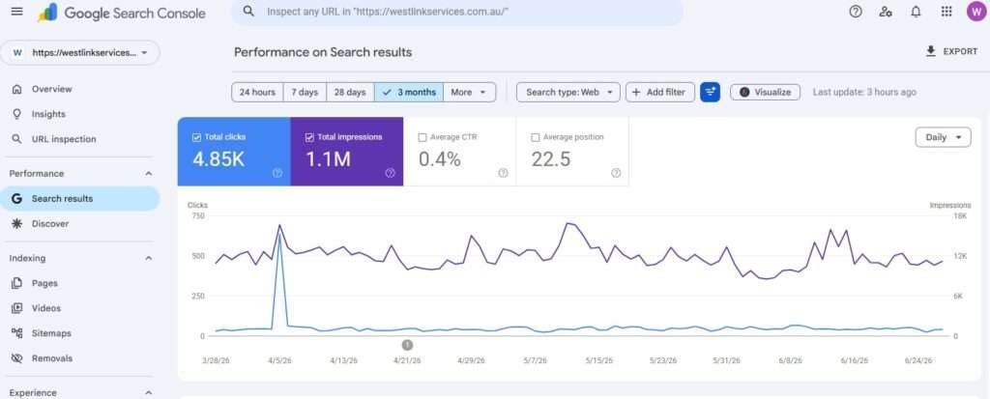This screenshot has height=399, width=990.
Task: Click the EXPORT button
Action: point(951,52)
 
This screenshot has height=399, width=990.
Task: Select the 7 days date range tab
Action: point(305,92)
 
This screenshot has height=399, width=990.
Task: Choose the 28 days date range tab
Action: point(350,92)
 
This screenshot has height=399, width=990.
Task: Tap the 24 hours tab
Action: point(257,92)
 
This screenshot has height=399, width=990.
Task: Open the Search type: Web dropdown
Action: point(568,92)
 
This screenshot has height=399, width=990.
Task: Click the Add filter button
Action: point(659,92)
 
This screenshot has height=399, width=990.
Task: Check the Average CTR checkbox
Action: point(422,137)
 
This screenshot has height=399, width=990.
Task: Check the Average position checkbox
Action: point(536,137)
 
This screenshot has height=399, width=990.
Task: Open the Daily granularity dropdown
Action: point(943,137)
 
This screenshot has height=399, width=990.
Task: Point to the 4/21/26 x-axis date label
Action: point(407,360)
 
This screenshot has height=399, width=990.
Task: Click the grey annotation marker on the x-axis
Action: point(407,345)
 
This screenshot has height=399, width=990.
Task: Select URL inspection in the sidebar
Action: point(64,139)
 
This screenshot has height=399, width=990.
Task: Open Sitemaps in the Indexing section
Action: point(51,333)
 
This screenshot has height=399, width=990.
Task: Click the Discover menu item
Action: point(50,223)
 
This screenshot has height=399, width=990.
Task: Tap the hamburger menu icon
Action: point(17,12)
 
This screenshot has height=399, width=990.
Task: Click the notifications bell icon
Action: point(916,12)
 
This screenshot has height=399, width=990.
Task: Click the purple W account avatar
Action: point(976,12)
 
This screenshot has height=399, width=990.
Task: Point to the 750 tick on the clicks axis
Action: point(197,215)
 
